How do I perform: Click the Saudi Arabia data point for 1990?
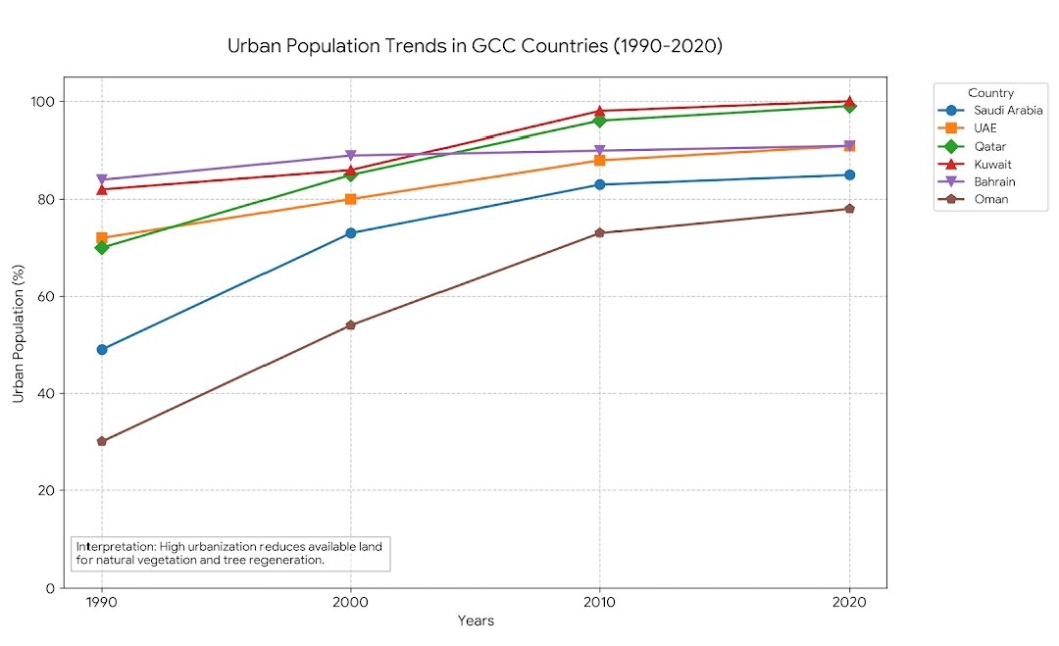point(102,349)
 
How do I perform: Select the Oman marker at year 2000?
point(351,324)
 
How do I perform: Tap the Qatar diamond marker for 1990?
point(102,247)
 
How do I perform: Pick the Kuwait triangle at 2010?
point(600,111)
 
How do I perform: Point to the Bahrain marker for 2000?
point(351,156)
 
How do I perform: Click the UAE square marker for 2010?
point(600,160)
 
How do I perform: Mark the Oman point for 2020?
point(849,209)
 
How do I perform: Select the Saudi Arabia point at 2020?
point(849,174)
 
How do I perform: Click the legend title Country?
point(990,93)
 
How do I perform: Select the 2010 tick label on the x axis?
point(600,602)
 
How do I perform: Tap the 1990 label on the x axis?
point(102,602)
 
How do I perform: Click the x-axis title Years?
point(476,621)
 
